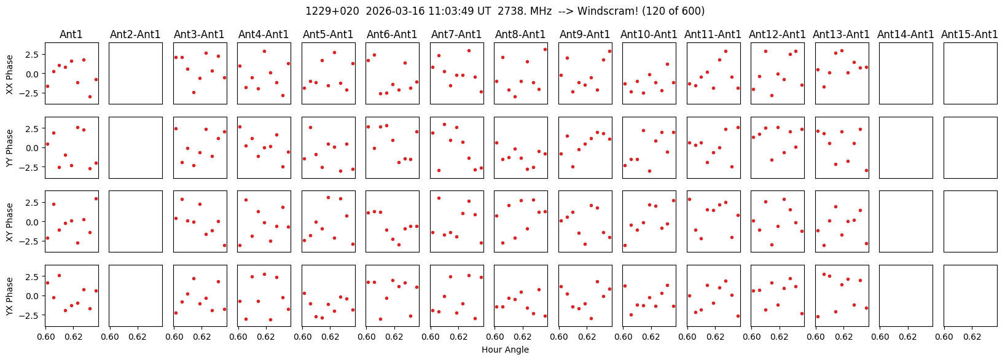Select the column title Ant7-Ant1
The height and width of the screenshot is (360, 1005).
point(456,35)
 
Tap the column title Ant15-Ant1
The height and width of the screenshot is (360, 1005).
point(969,35)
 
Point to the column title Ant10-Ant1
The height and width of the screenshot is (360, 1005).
point(649,35)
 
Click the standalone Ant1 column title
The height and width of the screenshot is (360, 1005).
point(71,35)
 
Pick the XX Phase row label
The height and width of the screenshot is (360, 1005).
point(10,74)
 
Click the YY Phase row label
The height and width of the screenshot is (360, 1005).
point(10,147)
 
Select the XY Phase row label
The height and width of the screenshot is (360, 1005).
point(10,222)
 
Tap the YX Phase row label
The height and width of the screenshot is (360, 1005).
point(10,295)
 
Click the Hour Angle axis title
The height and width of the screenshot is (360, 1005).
point(505,350)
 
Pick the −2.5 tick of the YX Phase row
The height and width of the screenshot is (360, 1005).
point(33,315)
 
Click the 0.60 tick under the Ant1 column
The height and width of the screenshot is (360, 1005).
point(45,337)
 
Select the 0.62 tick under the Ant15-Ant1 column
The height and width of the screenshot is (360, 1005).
point(972,337)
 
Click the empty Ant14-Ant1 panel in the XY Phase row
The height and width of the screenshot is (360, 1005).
point(906,221)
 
